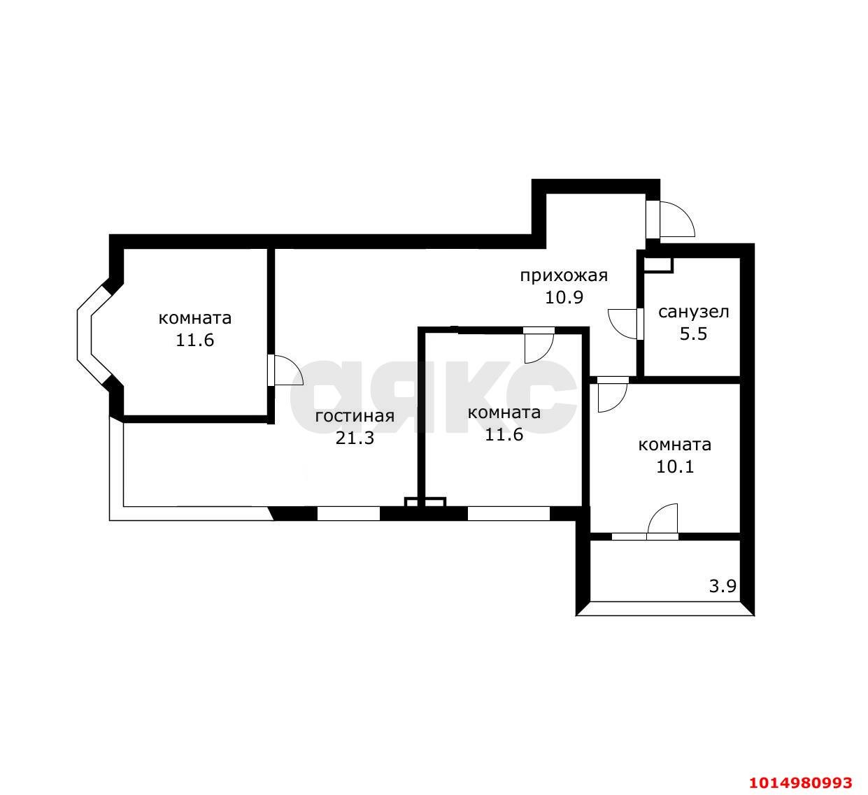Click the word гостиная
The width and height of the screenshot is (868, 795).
tap(355, 416)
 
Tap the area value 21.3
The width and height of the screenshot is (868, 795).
tap(355, 438)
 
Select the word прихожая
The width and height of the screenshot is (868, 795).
tap(564, 275)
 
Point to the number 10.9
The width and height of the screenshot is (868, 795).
tap(564, 297)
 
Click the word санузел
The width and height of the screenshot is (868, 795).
tap(694, 312)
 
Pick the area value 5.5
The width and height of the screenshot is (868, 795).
tap(693, 334)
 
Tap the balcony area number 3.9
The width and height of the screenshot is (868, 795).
tap(723, 587)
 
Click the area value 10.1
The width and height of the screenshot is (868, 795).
tap(675, 466)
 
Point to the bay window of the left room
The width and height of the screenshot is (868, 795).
tap(92, 334)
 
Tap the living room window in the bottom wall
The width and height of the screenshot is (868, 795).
tap(349, 513)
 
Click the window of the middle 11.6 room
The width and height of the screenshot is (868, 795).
tap(509, 513)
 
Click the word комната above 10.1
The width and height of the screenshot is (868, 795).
tap(675, 445)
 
